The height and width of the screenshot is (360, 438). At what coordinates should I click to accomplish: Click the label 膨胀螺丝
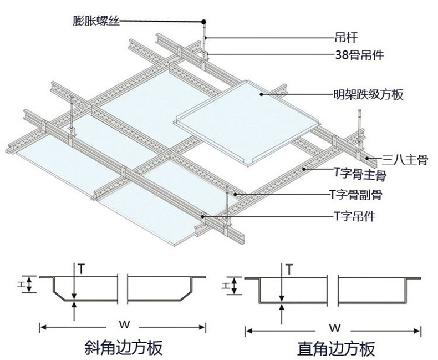click(96, 22)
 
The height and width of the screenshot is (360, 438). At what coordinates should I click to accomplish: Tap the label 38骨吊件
click(359, 54)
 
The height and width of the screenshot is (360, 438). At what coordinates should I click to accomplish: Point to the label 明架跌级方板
click(368, 95)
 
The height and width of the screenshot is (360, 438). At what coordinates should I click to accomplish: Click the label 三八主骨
click(405, 161)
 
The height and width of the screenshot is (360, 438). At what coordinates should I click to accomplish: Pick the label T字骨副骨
click(355, 195)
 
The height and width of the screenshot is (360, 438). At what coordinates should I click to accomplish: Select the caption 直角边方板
click(335, 348)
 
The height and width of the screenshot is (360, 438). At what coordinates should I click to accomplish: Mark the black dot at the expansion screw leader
click(202, 21)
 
